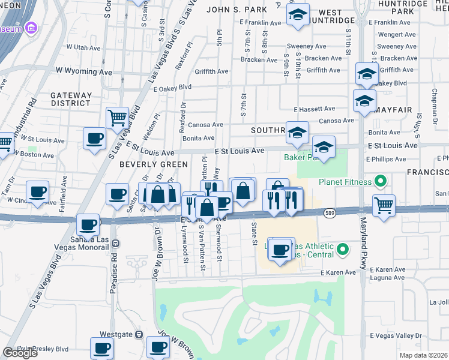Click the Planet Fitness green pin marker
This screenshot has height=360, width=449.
click(x=379, y=181)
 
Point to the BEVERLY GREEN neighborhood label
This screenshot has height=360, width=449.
click(x=147, y=164)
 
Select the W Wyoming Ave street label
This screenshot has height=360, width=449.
click(x=85, y=71)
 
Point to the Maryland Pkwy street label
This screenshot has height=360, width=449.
click(x=363, y=252)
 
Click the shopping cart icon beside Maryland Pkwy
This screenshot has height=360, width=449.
click(x=384, y=206)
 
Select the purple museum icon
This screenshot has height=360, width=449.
click(x=32, y=28)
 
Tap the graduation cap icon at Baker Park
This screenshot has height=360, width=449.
click(x=323, y=147)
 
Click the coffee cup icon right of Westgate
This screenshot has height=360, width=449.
click(x=158, y=346)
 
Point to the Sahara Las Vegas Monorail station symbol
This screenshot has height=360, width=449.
click(x=115, y=243)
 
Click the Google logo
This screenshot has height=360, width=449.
click(x=20, y=353)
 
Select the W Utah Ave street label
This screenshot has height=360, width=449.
click(x=83, y=46)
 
